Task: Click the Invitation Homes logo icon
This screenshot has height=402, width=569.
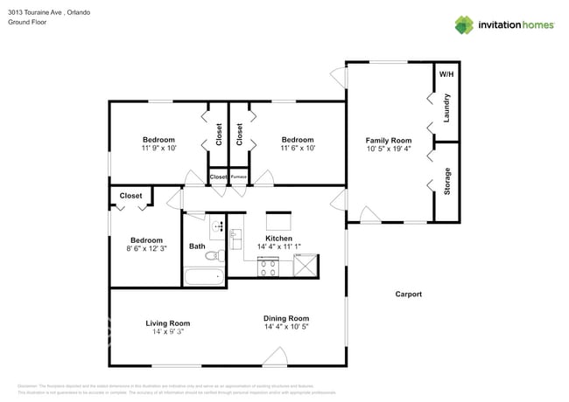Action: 463,24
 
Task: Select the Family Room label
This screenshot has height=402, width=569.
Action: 388,140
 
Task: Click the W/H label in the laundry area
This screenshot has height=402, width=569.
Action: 446,74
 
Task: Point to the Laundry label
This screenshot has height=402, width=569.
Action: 447,107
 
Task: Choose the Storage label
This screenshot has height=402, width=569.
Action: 447,181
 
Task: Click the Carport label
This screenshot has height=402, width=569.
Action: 408,295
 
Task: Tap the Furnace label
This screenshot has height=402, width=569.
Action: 239,177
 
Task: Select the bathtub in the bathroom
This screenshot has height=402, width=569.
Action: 204,278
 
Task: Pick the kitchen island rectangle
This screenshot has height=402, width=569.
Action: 278,220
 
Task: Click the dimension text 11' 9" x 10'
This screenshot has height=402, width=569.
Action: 158,149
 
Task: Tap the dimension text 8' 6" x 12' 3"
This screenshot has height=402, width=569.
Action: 146,249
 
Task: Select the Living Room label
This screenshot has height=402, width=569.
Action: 167,323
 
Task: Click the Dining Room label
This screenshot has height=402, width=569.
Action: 286,318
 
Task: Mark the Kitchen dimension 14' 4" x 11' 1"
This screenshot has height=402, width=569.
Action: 279,247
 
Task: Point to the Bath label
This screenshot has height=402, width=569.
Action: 197,246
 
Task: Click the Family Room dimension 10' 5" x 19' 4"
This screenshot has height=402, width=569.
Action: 388,149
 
